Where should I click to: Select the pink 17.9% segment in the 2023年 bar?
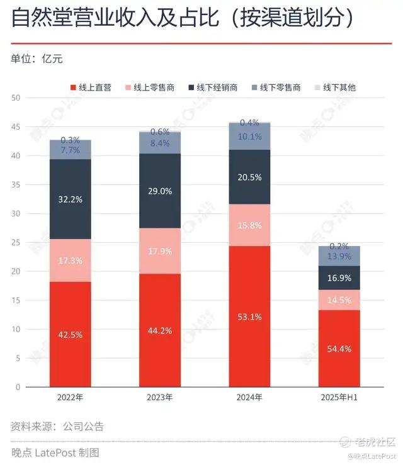(159, 250)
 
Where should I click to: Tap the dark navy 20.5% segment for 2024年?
(249, 177)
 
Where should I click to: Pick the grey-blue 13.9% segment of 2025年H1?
(339, 256)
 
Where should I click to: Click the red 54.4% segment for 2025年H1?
(339, 348)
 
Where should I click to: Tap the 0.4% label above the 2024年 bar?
(249, 123)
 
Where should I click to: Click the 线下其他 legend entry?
(338, 87)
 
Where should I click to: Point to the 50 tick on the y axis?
(16, 98)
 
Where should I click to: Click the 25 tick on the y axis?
(16, 242)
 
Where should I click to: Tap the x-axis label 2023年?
(159, 398)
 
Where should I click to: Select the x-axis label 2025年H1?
(339, 398)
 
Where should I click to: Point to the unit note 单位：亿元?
(36, 59)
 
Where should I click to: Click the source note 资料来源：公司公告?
(57, 426)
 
